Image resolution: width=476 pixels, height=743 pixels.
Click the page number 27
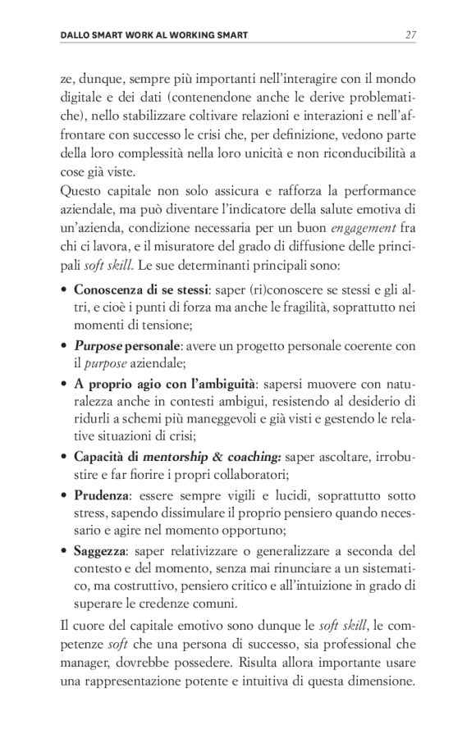point(412,34)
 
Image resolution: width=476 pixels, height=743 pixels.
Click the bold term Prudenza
point(100,495)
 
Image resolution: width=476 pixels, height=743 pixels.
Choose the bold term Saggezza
point(100,550)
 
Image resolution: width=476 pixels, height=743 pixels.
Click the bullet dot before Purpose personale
point(64,345)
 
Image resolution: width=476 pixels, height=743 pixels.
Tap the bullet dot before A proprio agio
point(64,383)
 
